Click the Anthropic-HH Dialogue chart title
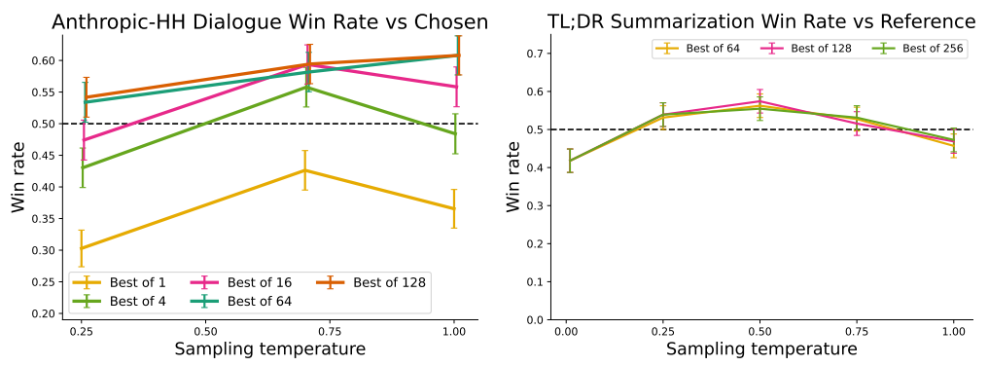pos(269,21)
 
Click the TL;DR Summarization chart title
pos(741,21)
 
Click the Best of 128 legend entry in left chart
pos(373,282)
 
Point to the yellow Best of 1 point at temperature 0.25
pos(83,248)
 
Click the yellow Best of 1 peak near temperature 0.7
pos(305,170)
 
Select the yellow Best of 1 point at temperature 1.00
pos(454,208)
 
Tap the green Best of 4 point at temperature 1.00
pos(454,133)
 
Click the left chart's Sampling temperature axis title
pos(269,349)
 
